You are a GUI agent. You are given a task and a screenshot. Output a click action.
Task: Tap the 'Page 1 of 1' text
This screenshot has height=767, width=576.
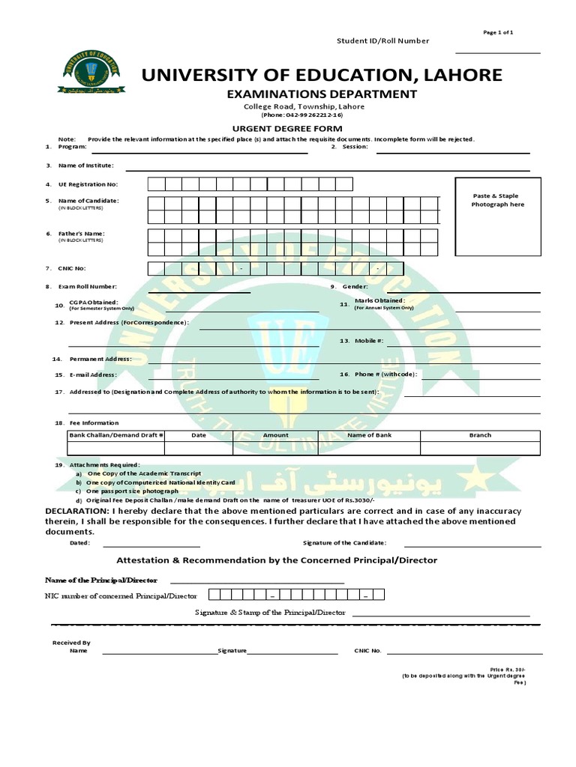point(499,32)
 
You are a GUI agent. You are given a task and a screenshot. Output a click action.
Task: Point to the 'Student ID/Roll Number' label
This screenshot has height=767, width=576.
point(382,41)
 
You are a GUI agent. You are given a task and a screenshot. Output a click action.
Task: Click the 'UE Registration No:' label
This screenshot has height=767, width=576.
point(92,184)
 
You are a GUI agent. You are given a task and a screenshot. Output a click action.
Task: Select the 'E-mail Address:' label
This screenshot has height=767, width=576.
point(93,375)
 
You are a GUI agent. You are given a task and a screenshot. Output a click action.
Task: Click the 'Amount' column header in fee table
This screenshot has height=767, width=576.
point(275,435)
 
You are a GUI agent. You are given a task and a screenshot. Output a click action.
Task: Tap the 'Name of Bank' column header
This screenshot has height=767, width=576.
point(369,435)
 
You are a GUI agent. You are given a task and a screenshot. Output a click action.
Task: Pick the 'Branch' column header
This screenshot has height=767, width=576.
point(480,435)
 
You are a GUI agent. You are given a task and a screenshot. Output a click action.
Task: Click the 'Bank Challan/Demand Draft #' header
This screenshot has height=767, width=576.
point(116,435)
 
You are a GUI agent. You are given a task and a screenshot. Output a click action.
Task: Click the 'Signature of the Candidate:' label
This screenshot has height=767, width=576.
point(344,543)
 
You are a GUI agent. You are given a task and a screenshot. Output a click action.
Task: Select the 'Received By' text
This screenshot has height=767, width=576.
point(71,643)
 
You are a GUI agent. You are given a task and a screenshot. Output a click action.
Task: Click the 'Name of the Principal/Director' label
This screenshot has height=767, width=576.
point(101,580)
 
